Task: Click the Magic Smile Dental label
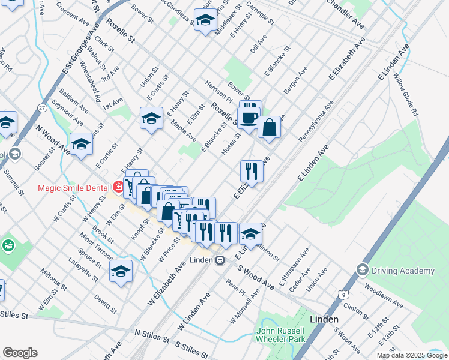point(73,187)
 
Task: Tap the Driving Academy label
point(402,271)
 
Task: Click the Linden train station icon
point(220,260)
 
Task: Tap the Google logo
point(20,353)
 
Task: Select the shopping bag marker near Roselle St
point(270,127)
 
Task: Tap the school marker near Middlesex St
point(205,20)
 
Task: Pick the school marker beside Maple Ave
point(151,118)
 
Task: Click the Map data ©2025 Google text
point(411,355)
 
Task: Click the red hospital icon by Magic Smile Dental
point(119,187)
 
